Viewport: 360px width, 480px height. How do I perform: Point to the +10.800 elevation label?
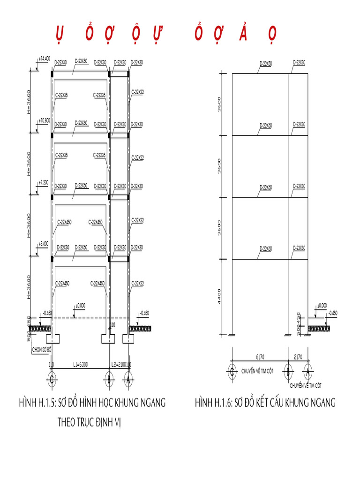[44, 120]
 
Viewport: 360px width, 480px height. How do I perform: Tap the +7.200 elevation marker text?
[44, 182]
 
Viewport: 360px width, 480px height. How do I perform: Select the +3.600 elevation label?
[44, 243]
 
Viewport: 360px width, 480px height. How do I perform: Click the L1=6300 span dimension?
[81, 364]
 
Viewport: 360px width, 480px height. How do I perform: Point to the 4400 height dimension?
[220, 296]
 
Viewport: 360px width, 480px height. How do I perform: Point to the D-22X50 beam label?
[81, 61]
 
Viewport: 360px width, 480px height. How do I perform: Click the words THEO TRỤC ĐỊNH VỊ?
[89, 421]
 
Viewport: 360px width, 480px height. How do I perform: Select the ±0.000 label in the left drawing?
[80, 305]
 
